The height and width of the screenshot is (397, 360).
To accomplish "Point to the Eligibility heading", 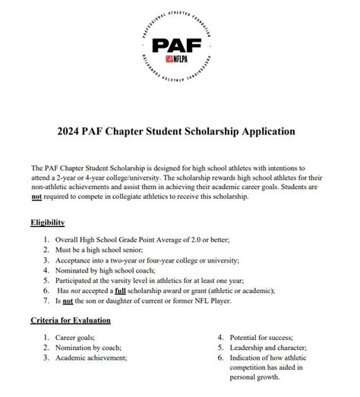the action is click(47, 222).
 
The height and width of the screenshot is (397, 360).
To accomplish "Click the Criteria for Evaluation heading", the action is click(71, 320).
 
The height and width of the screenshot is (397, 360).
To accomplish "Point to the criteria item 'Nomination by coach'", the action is click(91, 347).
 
